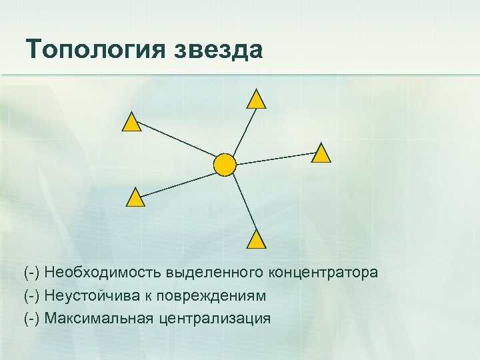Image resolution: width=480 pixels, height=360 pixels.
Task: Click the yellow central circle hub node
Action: [225, 164]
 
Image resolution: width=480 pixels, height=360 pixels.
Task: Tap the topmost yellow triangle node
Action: [256, 100]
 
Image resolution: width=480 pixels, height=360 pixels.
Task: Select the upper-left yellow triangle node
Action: [132, 123]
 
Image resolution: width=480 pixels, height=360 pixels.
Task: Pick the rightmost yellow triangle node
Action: [321, 154]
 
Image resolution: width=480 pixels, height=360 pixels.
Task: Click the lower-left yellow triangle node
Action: [135, 198]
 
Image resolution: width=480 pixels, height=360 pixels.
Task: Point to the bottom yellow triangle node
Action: [256, 241]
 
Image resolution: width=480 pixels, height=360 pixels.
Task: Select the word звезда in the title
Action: [222, 50]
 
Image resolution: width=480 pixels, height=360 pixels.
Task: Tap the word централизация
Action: [215, 318]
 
